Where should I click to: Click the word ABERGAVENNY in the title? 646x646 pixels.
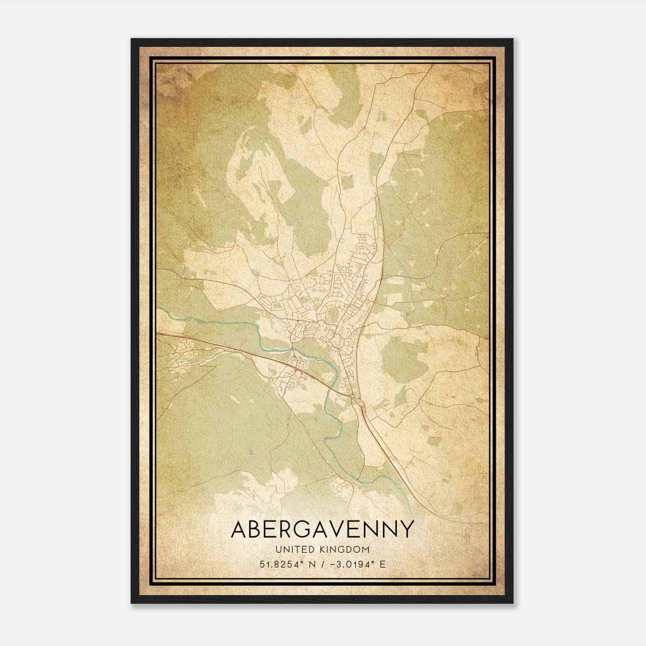[x=322, y=529]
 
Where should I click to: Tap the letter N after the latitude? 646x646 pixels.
[x=311, y=564]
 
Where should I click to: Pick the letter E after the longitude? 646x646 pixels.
[x=382, y=564]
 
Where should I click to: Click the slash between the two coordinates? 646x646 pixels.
[x=322, y=564]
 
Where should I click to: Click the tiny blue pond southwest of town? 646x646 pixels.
[x=251, y=453]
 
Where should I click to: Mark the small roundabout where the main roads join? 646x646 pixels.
[x=352, y=397]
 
